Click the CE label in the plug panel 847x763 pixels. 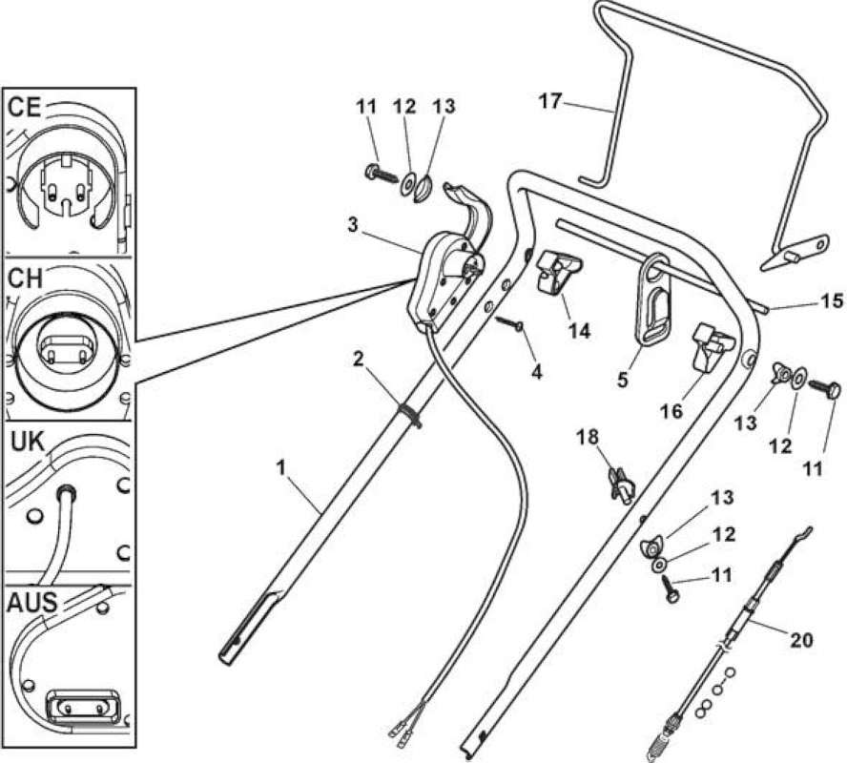25,107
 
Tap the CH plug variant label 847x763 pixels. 25,278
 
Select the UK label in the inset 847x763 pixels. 28,443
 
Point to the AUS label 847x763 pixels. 31,602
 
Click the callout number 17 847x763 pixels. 550,101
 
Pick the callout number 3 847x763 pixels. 353,225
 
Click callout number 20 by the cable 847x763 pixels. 801,640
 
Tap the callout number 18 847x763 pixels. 588,437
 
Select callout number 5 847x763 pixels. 623,380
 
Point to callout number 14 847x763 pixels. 579,330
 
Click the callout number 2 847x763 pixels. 358,359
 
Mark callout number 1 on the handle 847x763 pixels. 280,467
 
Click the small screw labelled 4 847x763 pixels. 510,323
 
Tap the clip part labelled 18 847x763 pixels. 621,485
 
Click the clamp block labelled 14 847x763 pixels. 559,274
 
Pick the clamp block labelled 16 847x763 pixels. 712,346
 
